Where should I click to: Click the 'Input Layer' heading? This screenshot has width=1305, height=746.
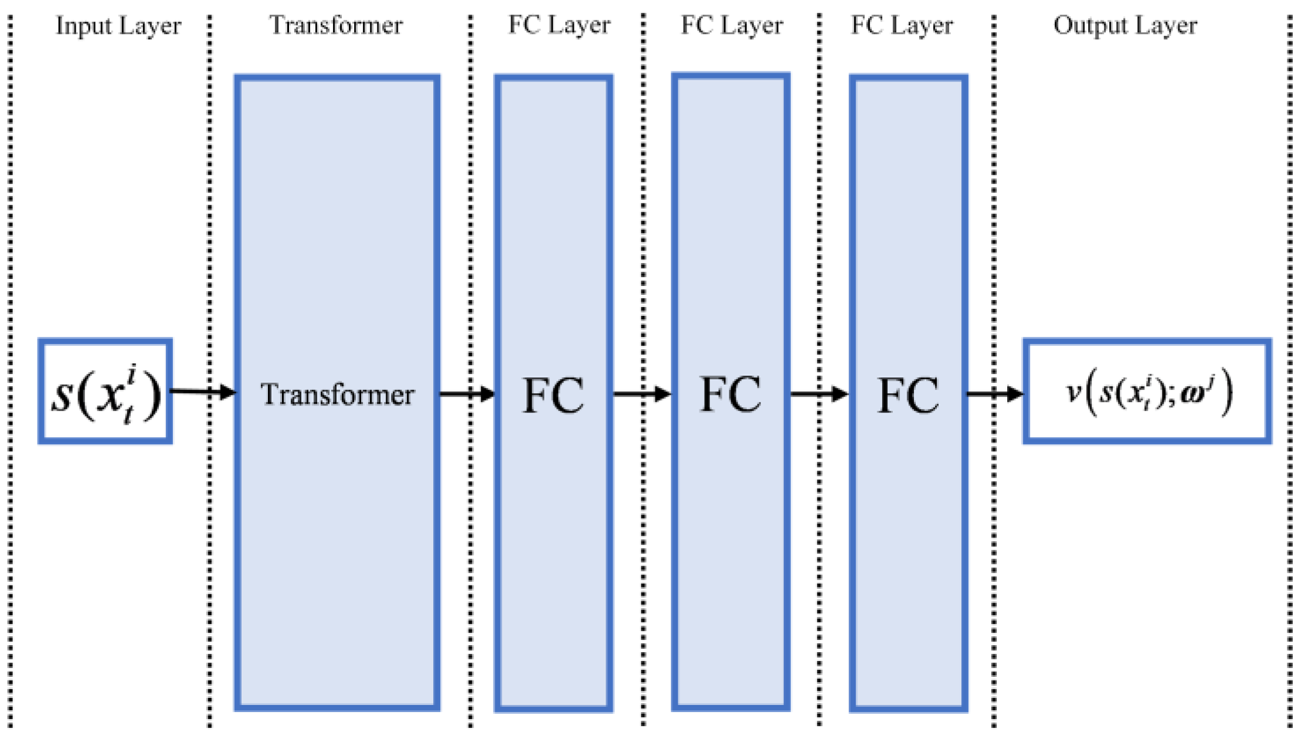pos(118,26)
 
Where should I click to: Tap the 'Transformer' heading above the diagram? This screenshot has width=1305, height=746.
pos(336,25)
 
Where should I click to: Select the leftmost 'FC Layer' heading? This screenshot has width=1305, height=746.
pos(559,25)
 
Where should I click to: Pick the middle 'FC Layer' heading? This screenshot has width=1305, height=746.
pos(731,25)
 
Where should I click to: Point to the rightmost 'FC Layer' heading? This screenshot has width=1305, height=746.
pos(902,25)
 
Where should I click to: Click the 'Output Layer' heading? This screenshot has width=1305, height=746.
pos(1124,25)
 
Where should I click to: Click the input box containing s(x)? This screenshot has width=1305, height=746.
pos(106,391)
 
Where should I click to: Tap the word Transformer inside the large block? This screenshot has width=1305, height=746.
pos(337,394)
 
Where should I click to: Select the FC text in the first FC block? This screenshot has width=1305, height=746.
pos(553,395)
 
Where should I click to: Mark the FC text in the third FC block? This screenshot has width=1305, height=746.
pos(908,395)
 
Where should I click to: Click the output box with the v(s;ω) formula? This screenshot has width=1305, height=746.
pos(1147,391)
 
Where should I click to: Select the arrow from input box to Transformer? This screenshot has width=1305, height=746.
pos(203,391)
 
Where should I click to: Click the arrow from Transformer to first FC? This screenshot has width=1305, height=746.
pos(467,394)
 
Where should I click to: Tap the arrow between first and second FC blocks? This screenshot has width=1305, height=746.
pos(641,394)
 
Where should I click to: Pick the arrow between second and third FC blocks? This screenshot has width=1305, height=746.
pos(818,394)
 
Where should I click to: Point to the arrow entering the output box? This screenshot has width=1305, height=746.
pos(994,394)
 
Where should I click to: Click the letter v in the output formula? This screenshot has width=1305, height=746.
pos(1073,393)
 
